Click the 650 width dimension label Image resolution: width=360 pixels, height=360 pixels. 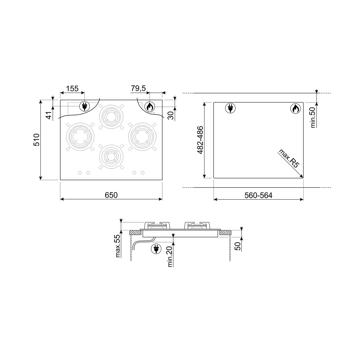click(111, 195)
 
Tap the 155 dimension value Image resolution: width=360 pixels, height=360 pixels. click(72, 88)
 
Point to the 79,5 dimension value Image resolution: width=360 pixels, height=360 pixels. click(138, 88)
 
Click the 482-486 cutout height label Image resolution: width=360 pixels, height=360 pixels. click(200, 140)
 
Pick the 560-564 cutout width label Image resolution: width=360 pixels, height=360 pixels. click(258, 195)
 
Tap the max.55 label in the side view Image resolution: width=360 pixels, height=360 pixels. click(118, 246)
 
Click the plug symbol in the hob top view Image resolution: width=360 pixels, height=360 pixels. click(84, 106)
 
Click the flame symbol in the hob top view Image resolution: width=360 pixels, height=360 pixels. click(150, 106)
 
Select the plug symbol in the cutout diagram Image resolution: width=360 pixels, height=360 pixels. click(230, 109)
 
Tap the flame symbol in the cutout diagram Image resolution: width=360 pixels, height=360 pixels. click(295, 109)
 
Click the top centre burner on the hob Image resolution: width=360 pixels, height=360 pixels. click(111, 116)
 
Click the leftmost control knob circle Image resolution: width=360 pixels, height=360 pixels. click(80, 172)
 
